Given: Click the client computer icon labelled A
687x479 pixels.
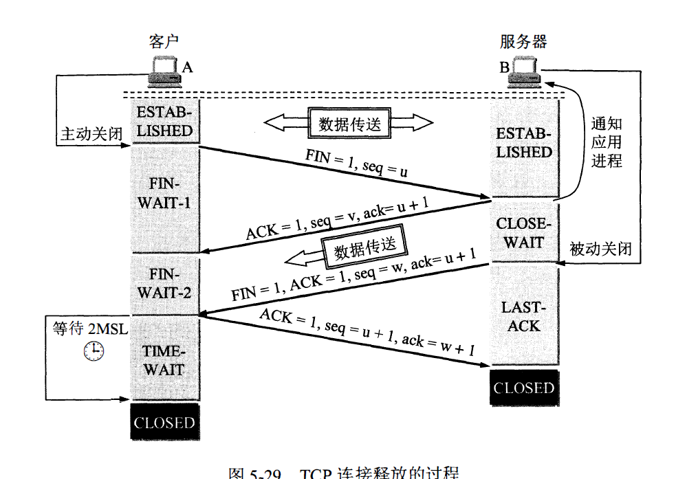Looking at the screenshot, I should [165, 71].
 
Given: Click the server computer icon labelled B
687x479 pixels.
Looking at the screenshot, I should [526, 72].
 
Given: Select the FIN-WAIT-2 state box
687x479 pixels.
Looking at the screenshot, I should [164, 284].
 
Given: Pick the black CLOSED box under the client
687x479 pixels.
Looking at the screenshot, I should [164, 422].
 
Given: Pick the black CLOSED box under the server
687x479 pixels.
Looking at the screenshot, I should [523, 388].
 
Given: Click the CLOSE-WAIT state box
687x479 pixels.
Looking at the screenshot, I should [524, 233].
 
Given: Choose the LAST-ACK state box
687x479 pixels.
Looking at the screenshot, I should [524, 316].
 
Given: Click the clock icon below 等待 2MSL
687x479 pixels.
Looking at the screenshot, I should [93, 352].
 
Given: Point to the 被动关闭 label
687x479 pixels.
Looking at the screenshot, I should [600, 248].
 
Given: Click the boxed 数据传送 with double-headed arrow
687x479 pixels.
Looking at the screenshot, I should [349, 124].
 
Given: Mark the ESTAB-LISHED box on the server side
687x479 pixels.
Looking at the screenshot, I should [524, 142].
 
